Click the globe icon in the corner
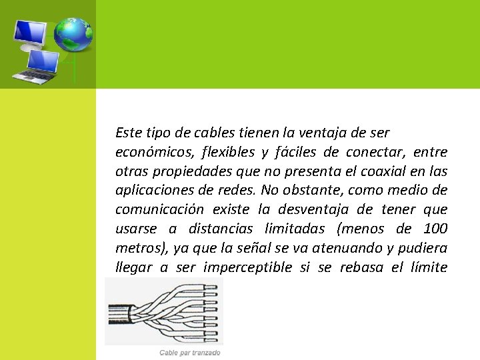coord(73,34)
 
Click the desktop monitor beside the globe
coord(31,33)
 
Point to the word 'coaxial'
coord(373,171)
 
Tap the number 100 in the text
coord(436,229)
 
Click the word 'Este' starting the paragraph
coord(128,133)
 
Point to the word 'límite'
coord(427,268)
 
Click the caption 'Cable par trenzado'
coord(190,353)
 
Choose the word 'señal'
coord(246,249)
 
